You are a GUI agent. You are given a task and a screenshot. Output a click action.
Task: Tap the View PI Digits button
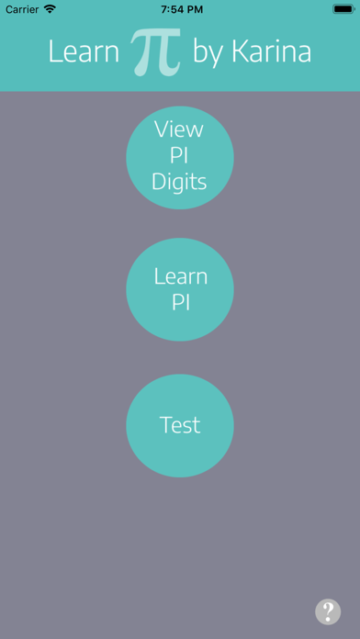(x=180, y=156)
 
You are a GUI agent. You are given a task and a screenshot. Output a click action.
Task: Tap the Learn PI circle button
(x=180, y=289)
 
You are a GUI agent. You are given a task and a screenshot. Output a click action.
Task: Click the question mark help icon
(x=328, y=611)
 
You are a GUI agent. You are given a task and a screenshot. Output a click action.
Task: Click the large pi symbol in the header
(x=155, y=51)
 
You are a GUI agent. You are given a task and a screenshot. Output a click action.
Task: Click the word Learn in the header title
(x=84, y=53)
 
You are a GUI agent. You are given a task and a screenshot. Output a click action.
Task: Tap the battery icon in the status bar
(x=340, y=9)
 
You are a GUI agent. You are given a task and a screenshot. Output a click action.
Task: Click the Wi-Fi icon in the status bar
(x=50, y=9)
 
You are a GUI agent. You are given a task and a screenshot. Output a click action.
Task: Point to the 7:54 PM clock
(x=180, y=9)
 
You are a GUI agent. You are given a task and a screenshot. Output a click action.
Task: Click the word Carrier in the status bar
(x=21, y=9)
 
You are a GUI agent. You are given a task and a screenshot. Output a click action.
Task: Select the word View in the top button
(x=179, y=129)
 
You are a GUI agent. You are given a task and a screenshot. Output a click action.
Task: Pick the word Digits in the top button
(x=180, y=181)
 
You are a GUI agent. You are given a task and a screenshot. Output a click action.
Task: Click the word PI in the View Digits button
(x=180, y=155)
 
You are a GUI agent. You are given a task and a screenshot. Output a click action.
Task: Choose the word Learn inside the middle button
(x=180, y=276)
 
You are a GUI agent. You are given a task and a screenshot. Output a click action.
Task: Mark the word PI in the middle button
(x=180, y=302)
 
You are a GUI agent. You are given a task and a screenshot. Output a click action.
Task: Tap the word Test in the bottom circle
(x=180, y=426)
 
